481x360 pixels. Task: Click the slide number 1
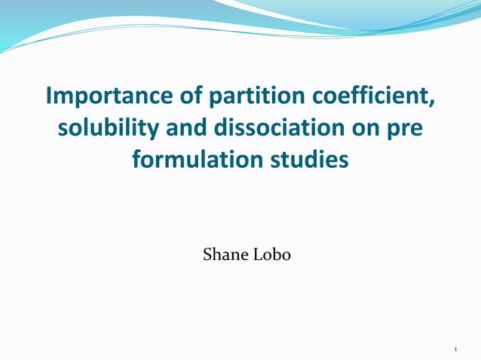pos(457,349)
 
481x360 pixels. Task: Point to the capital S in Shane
pos(207,255)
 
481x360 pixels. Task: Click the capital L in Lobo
pos(258,255)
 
